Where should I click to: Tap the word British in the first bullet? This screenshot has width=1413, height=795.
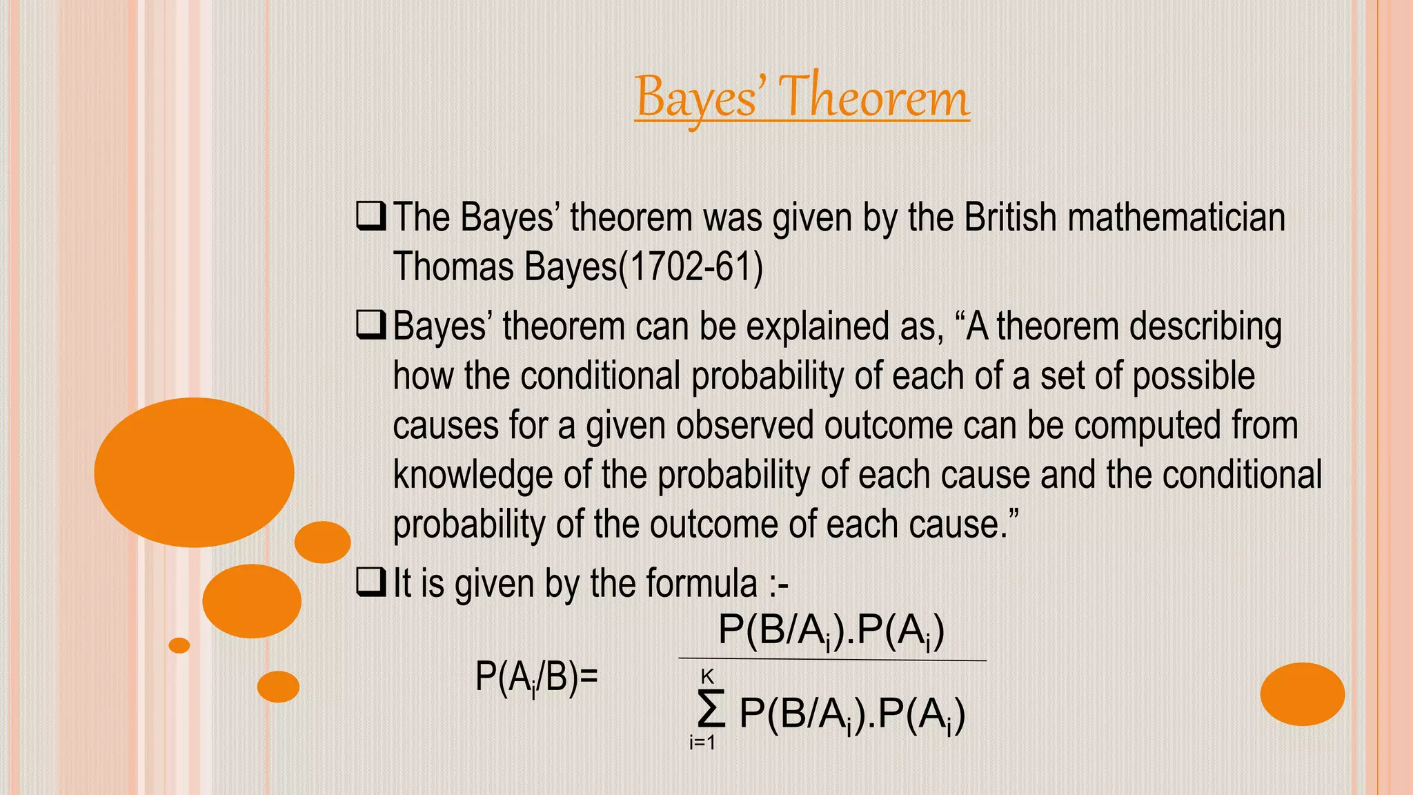click(x=1010, y=217)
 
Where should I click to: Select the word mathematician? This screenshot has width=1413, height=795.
click(x=1176, y=217)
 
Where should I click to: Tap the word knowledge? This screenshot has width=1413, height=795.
click(x=473, y=475)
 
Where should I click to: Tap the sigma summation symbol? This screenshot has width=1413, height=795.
click(x=711, y=709)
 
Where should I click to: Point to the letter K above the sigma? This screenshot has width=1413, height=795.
click(x=707, y=676)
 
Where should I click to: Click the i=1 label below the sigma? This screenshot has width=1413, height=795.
click(x=702, y=743)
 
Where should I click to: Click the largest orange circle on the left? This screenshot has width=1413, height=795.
click(x=195, y=473)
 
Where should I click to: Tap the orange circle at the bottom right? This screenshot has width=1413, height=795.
click(x=1302, y=694)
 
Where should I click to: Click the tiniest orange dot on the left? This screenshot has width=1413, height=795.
click(x=179, y=645)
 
